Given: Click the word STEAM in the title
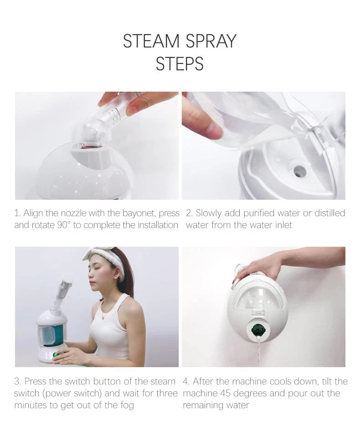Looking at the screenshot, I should point(150,41).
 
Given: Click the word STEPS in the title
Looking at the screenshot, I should point(180,64).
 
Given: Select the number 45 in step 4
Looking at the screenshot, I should point(225,393).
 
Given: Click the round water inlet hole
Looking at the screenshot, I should point(299,171).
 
